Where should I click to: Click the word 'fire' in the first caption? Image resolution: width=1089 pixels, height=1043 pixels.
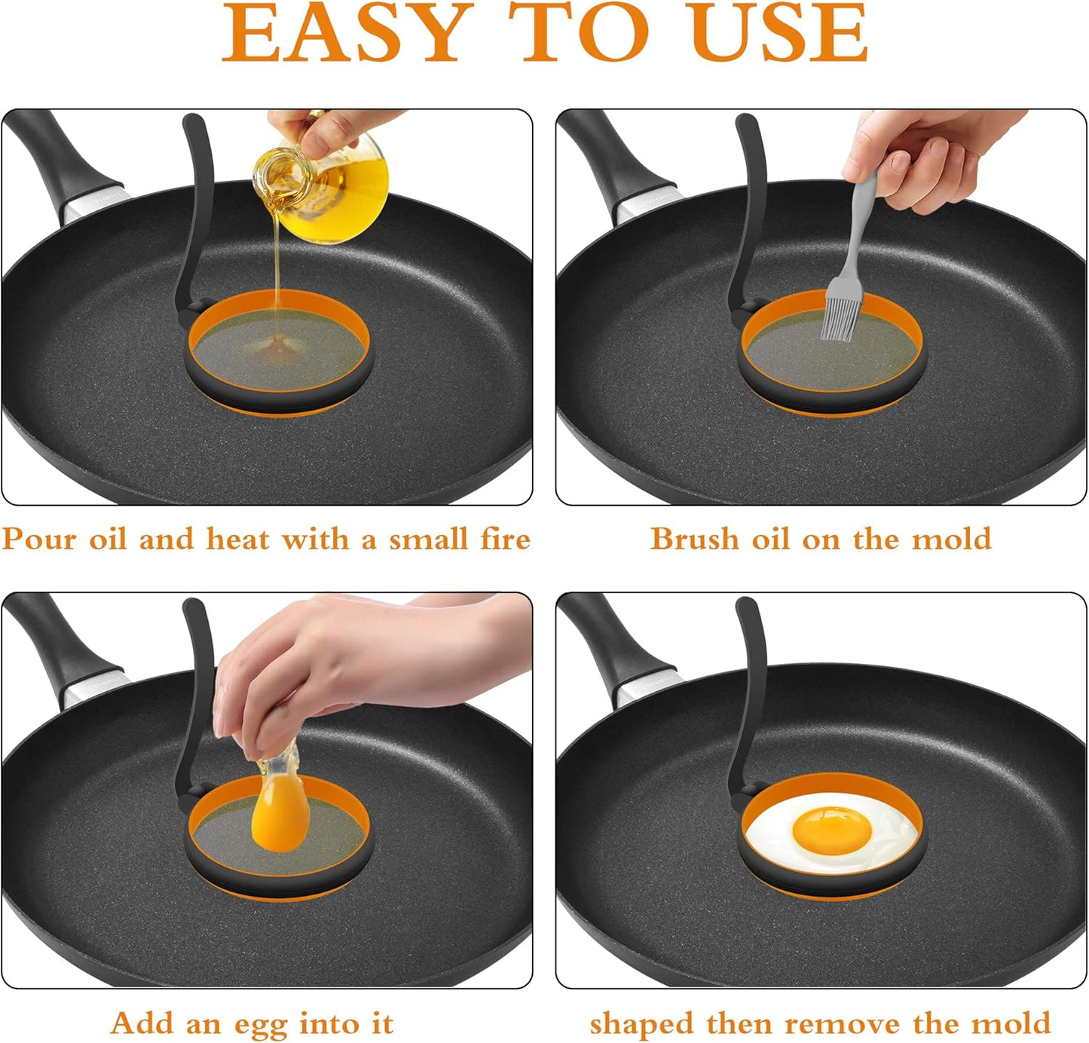point(505,540)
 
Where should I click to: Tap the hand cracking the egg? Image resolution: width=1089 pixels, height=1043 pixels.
point(339,663)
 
